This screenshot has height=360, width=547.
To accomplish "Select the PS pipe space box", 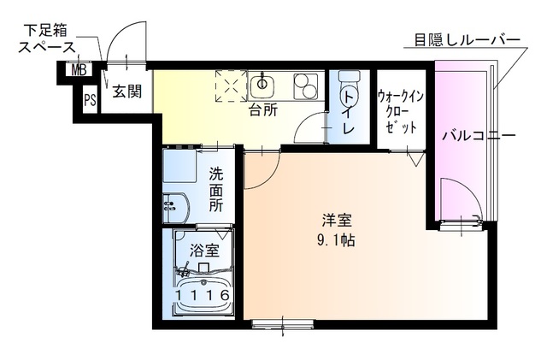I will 89,99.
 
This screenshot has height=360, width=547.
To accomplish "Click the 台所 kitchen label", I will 262,110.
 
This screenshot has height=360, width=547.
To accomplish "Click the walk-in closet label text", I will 397,110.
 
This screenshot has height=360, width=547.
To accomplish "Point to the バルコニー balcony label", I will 478,137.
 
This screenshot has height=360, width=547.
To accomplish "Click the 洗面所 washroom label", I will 216,188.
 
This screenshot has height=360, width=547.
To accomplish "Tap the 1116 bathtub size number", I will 203,296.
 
